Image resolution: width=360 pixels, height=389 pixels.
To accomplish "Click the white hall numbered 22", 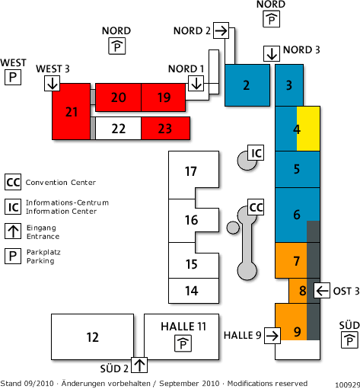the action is tap(118, 128).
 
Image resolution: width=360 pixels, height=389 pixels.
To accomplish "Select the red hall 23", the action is tap(165, 128).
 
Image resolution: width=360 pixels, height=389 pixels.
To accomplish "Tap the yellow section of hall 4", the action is tap(308, 129).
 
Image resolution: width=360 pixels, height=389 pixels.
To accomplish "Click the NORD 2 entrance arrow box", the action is tap(221, 30).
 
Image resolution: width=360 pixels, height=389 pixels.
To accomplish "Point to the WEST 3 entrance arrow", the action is tap(53, 83).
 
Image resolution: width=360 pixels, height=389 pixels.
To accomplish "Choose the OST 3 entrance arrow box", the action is tap(322, 290).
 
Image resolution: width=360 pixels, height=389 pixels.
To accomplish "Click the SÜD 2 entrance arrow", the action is tap(139, 365).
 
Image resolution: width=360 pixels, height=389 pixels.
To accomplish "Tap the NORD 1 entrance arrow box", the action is tap(196, 83).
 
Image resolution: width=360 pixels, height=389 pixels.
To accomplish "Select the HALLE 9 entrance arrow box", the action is tap(272, 336).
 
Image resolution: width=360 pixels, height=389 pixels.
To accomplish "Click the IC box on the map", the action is tap(256, 152).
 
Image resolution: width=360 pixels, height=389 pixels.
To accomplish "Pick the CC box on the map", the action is tap(256, 207).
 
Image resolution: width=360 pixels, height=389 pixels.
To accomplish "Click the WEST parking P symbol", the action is tap(13, 77).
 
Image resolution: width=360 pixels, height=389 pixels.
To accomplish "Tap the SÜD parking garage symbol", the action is tap(349, 340).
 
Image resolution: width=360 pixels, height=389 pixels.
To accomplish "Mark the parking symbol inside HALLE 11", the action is tap(183, 343).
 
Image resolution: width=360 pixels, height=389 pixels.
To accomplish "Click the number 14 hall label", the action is tap(192, 291).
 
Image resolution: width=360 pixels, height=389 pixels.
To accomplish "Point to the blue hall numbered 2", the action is tap(247, 85).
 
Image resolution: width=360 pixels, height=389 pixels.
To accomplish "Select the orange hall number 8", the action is tap(302, 291).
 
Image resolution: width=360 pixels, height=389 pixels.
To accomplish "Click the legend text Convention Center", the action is tap(61, 183).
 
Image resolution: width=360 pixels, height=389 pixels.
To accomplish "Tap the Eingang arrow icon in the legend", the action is tap(13, 231).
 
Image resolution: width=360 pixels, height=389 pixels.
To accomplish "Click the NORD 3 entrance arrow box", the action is tap(272, 53).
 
